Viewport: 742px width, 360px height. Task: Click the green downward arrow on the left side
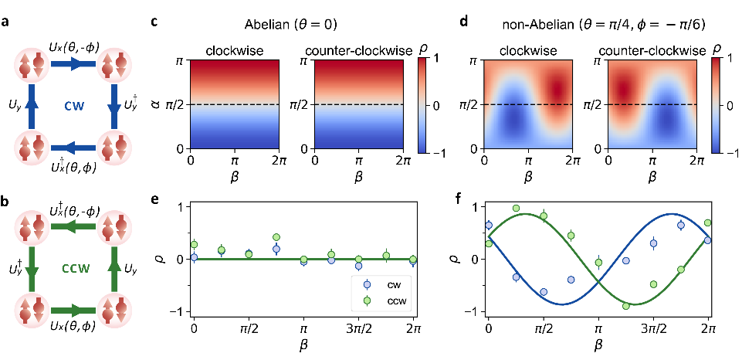coord(32,268)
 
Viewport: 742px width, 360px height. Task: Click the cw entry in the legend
coord(400,284)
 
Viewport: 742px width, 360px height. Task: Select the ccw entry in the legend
coord(400,300)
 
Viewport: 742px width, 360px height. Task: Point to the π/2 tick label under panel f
coord(544,328)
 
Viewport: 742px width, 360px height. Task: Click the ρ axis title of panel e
coord(171,260)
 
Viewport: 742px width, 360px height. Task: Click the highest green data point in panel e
coord(276,237)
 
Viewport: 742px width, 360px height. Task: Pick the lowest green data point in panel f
coord(625,306)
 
